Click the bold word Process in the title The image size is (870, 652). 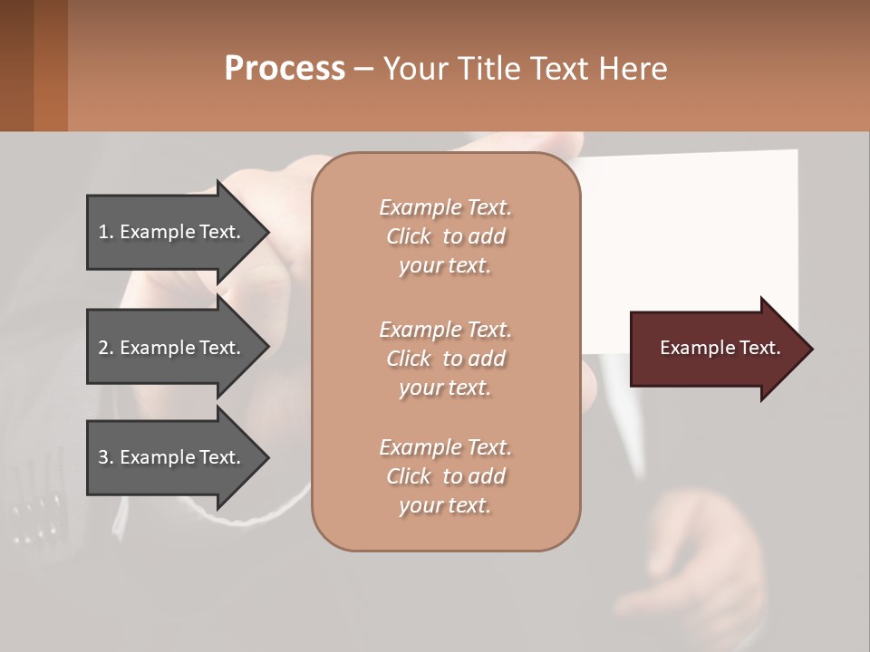tap(284, 68)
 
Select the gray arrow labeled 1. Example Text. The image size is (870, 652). tap(172, 232)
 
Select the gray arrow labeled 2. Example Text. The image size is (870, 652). tap(172, 348)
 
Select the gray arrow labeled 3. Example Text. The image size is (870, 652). tap(172, 457)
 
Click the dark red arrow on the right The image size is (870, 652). tap(716, 349)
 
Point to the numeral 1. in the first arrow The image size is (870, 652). tap(106, 232)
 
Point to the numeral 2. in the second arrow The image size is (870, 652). tap(106, 348)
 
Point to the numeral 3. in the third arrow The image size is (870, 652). tap(106, 457)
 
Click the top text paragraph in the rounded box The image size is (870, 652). tap(445, 236)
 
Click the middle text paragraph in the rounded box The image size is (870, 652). tap(445, 359)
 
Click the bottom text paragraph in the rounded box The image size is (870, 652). tap(445, 476)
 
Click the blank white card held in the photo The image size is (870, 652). tap(689, 235)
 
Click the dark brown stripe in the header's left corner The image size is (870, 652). tap(16, 65)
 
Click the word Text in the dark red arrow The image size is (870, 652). tap(759, 348)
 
